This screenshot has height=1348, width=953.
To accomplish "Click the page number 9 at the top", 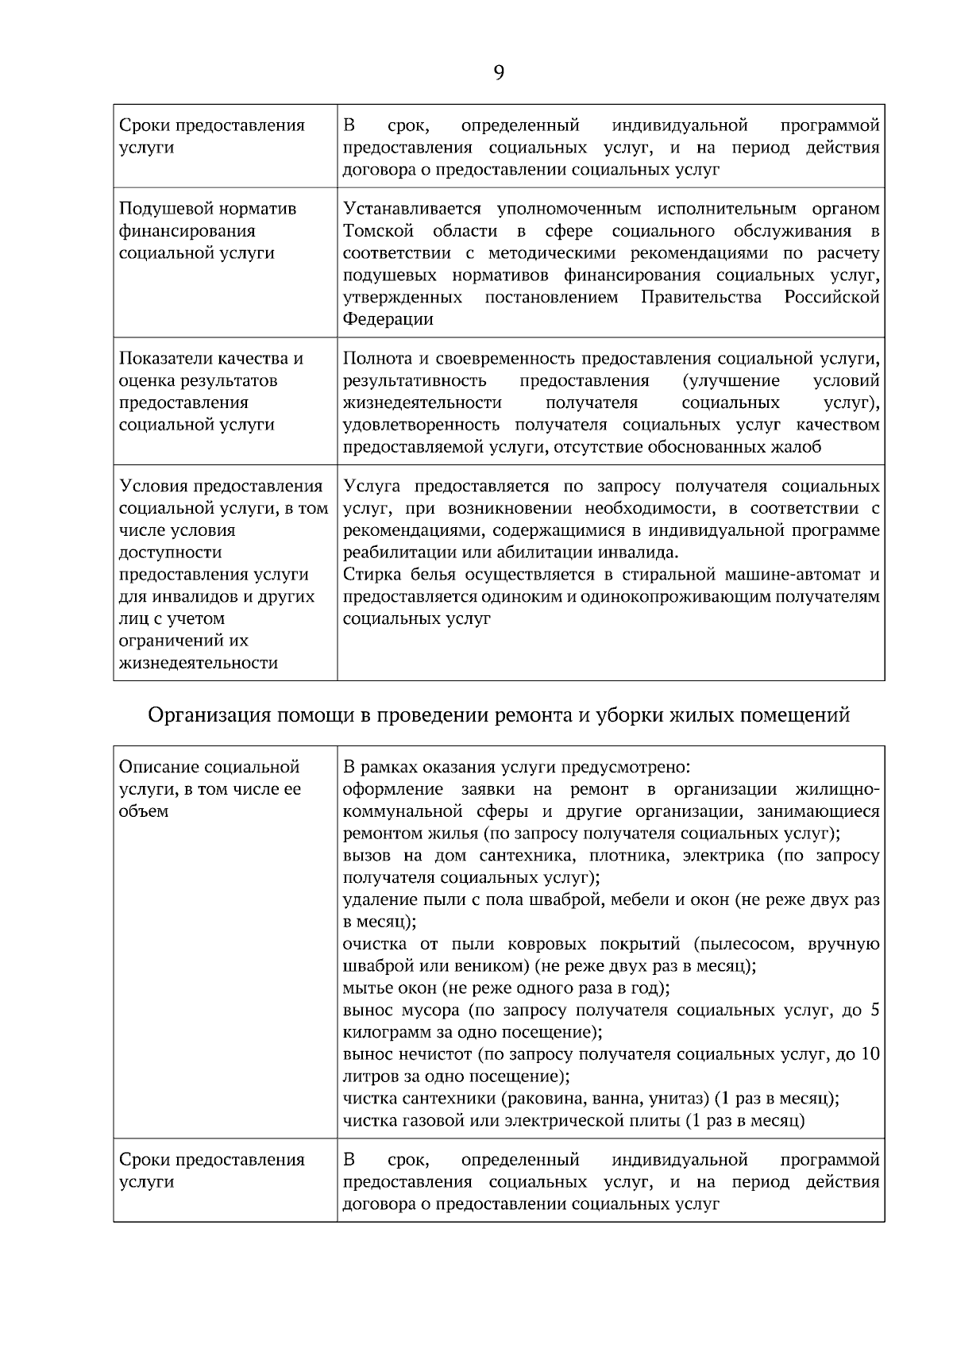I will click(x=498, y=73).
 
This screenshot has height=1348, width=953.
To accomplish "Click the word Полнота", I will click(x=372, y=359).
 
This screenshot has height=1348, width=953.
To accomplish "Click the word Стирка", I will click(x=368, y=575).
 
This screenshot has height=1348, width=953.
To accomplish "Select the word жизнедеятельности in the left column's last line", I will click(x=199, y=663).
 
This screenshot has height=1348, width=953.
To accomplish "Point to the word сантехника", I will click(x=518, y=857).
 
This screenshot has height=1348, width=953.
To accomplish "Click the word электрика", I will click(x=723, y=857).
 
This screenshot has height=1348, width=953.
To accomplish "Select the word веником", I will click(x=496, y=967).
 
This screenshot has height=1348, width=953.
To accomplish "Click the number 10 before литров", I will click(x=870, y=1055).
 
